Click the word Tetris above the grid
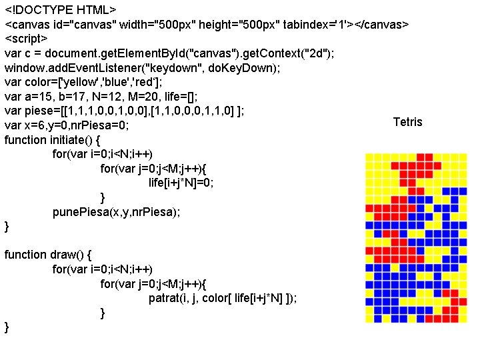(407, 121)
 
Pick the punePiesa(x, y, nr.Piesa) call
(116, 211)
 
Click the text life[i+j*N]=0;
(181, 183)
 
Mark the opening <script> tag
(26, 39)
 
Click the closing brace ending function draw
(7, 326)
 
